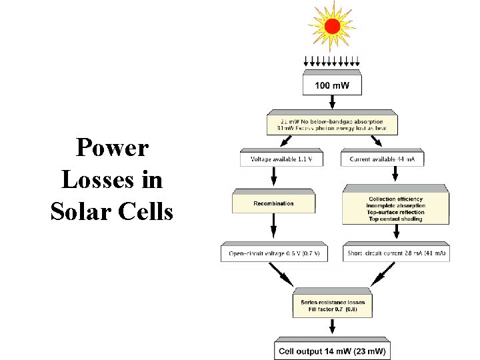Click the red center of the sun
tap(333, 27)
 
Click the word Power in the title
tap(112, 147)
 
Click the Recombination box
tap(273, 203)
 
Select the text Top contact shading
tap(395, 219)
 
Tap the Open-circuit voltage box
tap(274, 253)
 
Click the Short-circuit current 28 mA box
tap(396, 253)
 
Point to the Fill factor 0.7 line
tap(332, 310)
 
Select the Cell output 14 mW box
tap(332, 351)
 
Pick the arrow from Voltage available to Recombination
tap(273, 177)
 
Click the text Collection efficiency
tap(395, 199)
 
